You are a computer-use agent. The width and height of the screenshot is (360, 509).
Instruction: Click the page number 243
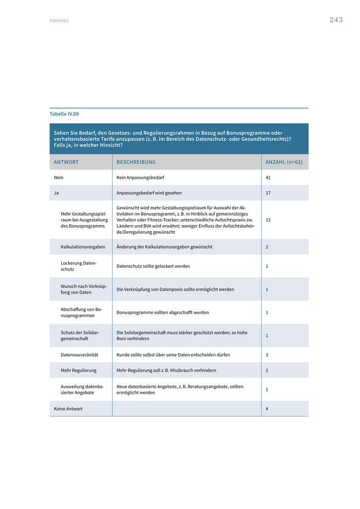336,20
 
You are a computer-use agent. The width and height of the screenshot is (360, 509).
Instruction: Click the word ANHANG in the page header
59,21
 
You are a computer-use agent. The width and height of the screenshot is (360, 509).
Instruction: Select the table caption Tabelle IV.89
64,114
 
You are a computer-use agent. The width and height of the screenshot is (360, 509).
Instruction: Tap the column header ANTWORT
66,162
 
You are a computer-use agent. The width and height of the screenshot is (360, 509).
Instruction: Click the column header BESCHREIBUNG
136,162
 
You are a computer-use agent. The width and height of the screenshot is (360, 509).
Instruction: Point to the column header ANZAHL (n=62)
284,162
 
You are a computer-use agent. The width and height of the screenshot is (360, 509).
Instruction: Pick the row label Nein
59,177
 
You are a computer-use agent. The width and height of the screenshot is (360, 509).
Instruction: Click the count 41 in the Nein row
268,177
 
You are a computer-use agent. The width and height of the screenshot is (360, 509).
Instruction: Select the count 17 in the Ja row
268,193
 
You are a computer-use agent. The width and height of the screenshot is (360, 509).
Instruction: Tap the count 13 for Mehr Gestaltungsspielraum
268,220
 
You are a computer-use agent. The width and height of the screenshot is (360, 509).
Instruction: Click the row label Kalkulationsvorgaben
83,247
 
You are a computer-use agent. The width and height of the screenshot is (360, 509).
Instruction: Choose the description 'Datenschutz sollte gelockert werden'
153,266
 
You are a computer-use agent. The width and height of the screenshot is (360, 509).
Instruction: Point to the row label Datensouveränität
79,355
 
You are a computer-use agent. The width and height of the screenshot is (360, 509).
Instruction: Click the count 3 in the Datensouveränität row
267,355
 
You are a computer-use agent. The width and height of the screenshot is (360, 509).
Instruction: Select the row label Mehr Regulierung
79,370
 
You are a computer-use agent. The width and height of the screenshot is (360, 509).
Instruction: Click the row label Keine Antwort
68,409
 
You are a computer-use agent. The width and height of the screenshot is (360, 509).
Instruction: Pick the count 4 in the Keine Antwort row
267,409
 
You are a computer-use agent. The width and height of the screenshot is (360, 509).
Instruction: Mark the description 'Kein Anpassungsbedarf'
140,177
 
